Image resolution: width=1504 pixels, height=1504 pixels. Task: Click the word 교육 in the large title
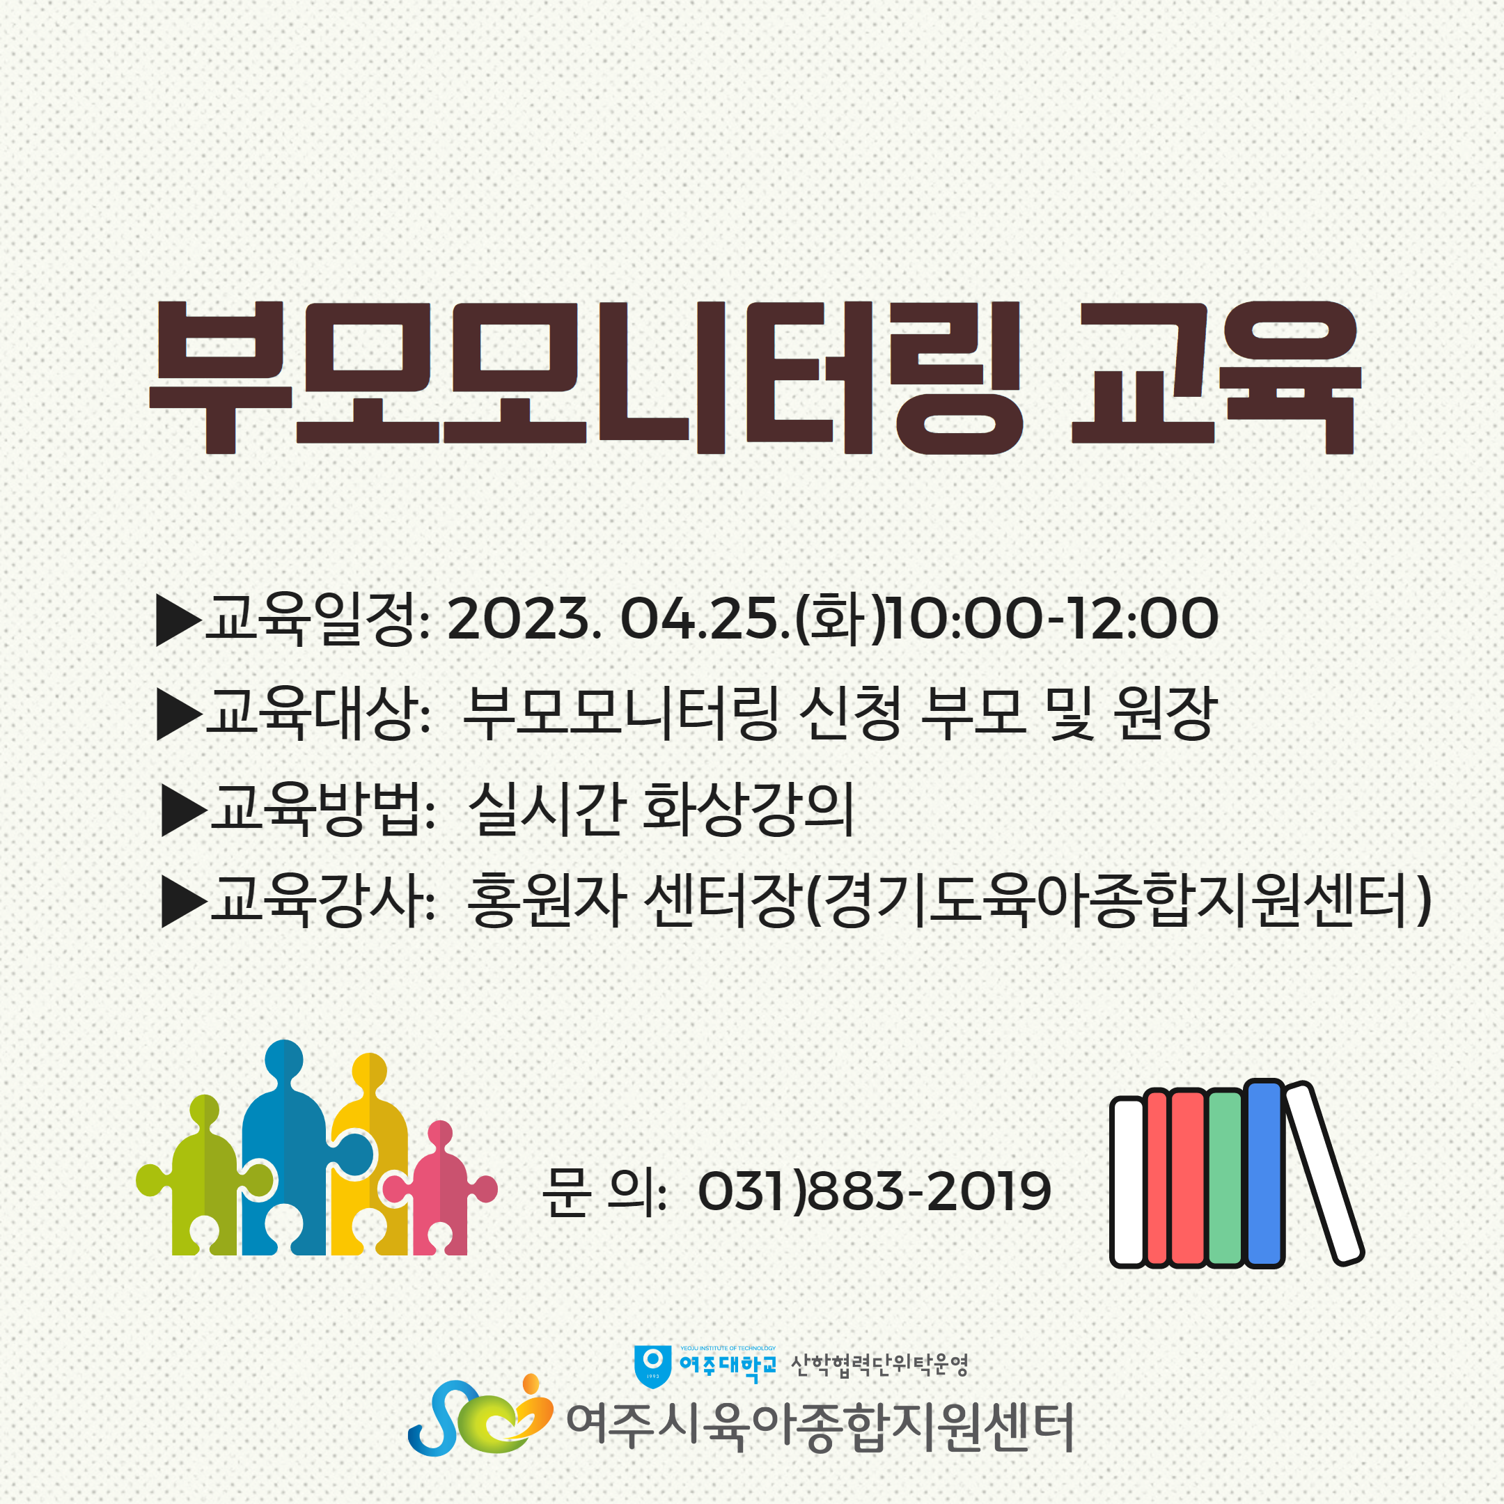[x=1216, y=377]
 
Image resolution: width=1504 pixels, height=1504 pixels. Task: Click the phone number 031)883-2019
[x=875, y=1191]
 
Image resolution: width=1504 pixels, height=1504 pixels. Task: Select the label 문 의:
[x=604, y=1191]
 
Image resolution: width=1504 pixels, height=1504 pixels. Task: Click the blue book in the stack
[x=1264, y=1173]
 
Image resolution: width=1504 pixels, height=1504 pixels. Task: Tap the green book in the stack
[x=1225, y=1179]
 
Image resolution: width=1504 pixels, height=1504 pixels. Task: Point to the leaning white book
[x=1324, y=1173]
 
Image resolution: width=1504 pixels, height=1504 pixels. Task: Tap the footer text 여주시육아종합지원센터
[x=820, y=1427]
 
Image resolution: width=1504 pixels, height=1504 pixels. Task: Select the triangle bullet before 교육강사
[x=184, y=902]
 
